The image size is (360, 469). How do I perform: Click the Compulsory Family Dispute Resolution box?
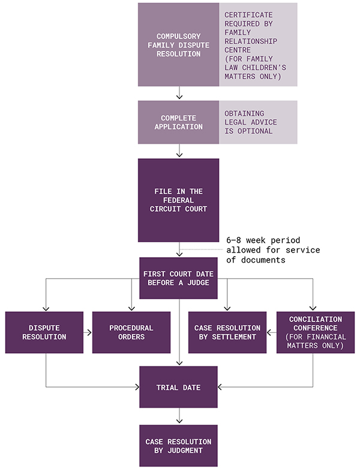[x=178, y=45]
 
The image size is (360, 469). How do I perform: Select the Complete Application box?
[x=178, y=122]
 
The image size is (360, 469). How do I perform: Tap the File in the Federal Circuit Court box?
[x=178, y=200]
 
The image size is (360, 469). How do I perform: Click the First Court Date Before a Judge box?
[x=178, y=278]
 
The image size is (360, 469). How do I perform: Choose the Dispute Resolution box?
[x=44, y=332]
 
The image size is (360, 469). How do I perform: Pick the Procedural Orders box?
[x=131, y=332]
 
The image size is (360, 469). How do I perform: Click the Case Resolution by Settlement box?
[x=227, y=332]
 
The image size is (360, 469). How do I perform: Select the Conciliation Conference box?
[x=315, y=332]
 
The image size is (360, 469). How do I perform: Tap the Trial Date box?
[x=178, y=387]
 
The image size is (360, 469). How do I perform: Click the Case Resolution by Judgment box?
[x=178, y=446]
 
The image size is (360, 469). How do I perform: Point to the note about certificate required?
[x=258, y=45]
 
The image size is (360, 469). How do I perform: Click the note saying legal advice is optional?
[x=258, y=122]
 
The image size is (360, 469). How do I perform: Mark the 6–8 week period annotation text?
[x=273, y=250]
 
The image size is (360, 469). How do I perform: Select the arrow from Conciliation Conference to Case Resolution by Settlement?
[x=271, y=332]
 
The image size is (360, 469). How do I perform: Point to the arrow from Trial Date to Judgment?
[x=178, y=416]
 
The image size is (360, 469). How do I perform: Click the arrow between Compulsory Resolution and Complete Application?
[x=178, y=93]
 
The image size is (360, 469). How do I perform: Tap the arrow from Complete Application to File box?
[x=178, y=151]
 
